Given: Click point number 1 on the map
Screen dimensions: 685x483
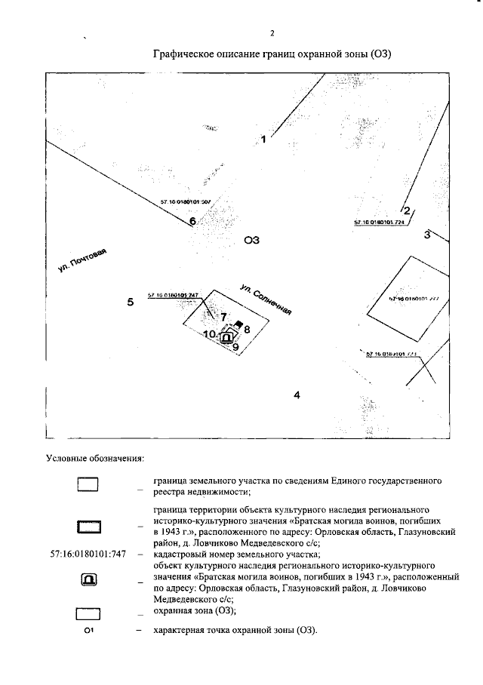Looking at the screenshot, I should (x=264, y=139).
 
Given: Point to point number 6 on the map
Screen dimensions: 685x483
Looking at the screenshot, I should (x=192, y=222).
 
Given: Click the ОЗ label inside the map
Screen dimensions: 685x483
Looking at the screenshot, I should (x=252, y=241).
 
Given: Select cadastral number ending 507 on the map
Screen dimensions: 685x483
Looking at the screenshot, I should (x=185, y=202).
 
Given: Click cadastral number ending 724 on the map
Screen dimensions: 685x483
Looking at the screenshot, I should (x=379, y=223).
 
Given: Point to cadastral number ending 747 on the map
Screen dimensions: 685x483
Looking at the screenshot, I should (x=173, y=295).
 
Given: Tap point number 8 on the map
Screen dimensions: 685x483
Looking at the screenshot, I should (x=247, y=330).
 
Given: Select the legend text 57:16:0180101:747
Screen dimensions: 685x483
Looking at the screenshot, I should (x=88, y=554).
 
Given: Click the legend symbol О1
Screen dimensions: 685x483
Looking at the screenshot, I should (x=88, y=630).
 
